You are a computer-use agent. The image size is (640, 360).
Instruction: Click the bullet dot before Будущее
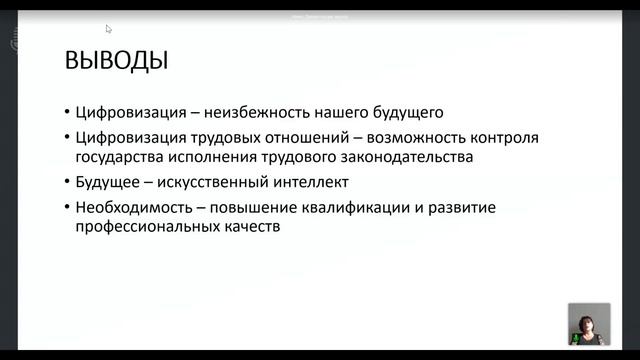point(65,183)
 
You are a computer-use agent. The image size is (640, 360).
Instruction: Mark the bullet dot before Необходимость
point(65,208)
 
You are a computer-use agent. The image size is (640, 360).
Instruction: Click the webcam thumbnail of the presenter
point(589,323)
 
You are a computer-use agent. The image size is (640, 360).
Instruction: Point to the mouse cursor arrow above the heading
point(109,29)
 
